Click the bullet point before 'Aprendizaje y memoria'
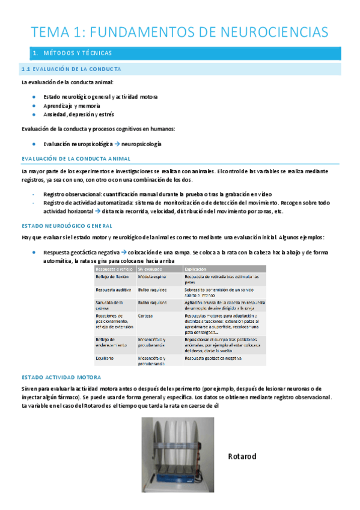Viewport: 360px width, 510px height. [x=36, y=105]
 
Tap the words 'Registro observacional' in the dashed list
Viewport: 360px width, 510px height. [x=72, y=194]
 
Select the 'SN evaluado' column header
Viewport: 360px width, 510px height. [x=150, y=269]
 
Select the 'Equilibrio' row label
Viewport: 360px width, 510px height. [x=107, y=357]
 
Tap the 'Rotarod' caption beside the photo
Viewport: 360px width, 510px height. [x=242, y=456]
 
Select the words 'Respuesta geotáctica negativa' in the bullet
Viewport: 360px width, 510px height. [x=81, y=253]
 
